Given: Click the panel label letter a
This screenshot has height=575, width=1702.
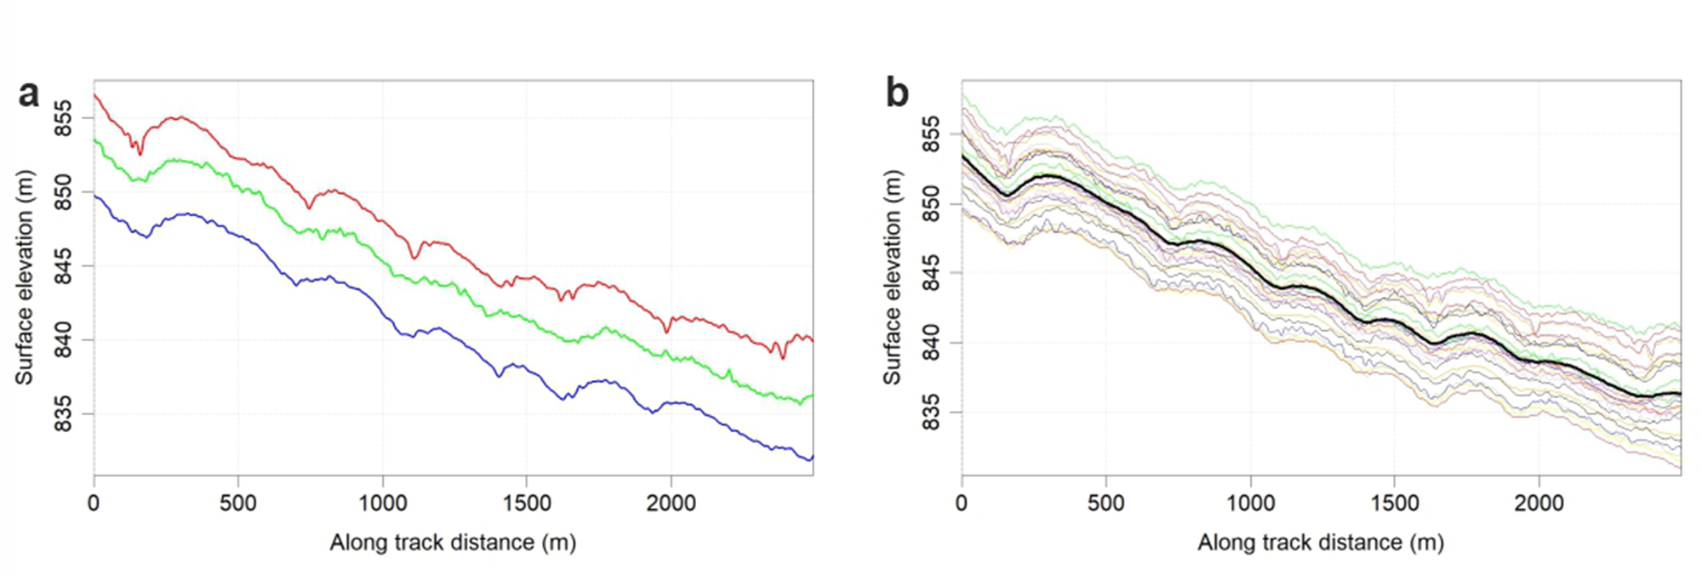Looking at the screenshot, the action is pyautogui.click(x=28, y=94).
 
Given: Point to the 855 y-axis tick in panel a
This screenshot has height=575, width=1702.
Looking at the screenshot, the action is pyautogui.click(x=64, y=118).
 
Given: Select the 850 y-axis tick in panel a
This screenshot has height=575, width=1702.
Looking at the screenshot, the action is pyautogui.click(x=64, y=192).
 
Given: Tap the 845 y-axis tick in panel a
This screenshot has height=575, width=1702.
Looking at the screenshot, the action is pyautogui.click(x=64, y=266).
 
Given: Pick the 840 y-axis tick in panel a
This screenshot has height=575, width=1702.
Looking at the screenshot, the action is pyautogui.click(x=64, y=340).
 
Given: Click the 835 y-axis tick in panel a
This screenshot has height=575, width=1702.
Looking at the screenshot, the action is pyautogui.click(x=64, y=414).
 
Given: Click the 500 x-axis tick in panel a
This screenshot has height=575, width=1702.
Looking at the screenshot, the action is pyautogui.click(x=238, y=504).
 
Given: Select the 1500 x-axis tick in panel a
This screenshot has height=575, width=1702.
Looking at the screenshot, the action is pyautogui.click(x=527, y=504).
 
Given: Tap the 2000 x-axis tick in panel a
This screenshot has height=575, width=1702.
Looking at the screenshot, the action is pyautogui.click(x=671, y=504).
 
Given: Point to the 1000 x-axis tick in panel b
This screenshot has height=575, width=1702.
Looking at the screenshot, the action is pyautogui.click(x=1250, y=504).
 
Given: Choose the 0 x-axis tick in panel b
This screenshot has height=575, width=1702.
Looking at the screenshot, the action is pyautogui.click(x=962, y=504).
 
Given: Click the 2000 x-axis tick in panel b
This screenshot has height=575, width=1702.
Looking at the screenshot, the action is pyautogui.click(x=1539, y=504).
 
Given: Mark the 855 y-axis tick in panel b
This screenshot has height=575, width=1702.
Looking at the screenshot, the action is pyautogui.click(x=932, y=134).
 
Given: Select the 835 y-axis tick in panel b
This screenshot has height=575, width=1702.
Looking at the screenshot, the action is pyautogui.click(x=932, y=413).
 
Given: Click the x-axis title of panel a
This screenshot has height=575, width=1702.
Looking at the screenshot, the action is pyautogui.click(x=453, y=542).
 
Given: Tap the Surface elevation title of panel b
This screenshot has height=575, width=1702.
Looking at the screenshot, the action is pyautogui.click(x=891, y=277).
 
